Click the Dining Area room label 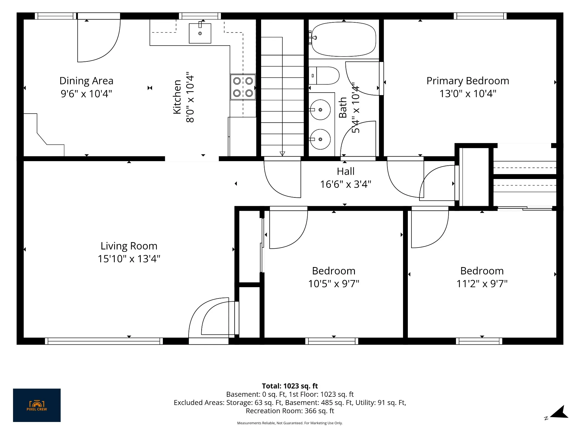(86, 81)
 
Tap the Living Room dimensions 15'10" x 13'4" (129, 259)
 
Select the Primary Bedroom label (468, 81)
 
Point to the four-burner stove (243, 87)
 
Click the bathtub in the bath (343, 39)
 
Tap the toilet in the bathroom (324, 76)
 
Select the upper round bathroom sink (320, 110)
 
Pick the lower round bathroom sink (320, 139)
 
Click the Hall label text (346, 171)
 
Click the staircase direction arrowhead (282, 154)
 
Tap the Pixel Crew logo (37, 405)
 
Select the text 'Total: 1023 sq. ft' (290, 386)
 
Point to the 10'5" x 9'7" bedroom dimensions (334, 283)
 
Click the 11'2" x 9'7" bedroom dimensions (482, 283)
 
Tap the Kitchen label (177, 97)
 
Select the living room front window (104, 341)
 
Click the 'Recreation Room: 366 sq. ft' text (290, 411)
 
